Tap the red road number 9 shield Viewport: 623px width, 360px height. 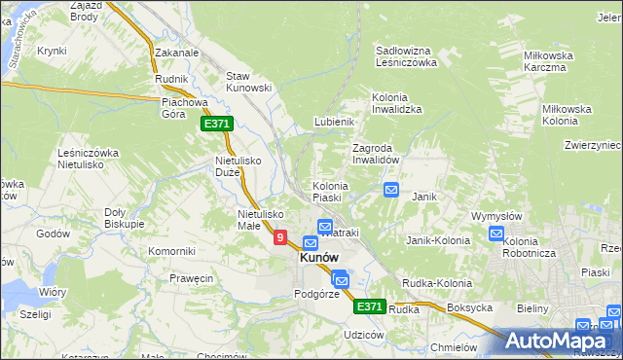pos(280,236)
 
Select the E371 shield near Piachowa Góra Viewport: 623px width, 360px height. pos(216,124)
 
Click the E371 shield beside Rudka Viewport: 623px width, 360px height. pos(368,306)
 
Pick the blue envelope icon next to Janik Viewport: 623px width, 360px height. pos(391,190)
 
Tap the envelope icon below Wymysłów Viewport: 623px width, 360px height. pos(496,234)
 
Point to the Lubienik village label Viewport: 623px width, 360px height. pos(333,122)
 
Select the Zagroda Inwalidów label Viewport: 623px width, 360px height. pos(376,154)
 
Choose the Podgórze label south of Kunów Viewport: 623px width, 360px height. pos(316,294)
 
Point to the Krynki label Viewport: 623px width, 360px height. pos(52,51)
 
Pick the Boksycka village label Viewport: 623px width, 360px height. pos(471,308)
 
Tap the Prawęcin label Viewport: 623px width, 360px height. pos(192,279)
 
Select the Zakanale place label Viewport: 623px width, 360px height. pos(176,54)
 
